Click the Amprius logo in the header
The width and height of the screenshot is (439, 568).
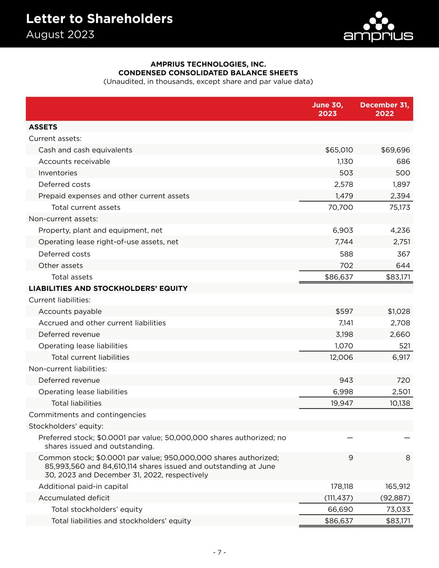(378, 27)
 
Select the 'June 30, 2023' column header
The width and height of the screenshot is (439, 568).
(327, 109)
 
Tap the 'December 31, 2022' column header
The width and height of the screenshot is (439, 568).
(384, 109)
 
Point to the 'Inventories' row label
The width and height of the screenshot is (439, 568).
(58, 173)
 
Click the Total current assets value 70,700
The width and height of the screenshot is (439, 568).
(341, 207)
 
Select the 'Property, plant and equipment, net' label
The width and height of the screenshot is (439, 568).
(100, 230)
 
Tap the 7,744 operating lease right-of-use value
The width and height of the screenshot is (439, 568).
(344, 242)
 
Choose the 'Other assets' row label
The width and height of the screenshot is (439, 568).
(61, 265)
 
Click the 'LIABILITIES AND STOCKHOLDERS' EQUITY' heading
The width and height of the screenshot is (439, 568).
(108, 288)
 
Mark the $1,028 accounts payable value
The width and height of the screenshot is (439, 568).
(399, 311)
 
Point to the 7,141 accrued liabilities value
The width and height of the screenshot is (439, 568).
(344, 323)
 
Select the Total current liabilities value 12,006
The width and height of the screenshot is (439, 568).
(341, 357)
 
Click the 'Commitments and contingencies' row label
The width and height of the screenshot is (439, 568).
(87, 414)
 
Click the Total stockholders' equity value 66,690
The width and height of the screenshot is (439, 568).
(341, 509)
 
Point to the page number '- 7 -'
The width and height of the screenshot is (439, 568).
(219, 552)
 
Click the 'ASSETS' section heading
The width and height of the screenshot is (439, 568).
(43, 127)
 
